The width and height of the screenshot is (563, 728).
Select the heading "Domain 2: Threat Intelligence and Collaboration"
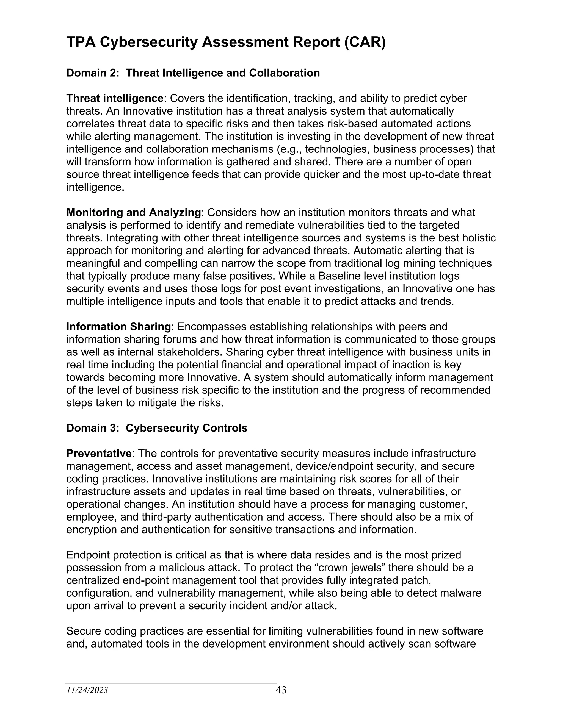click(x=193, y=73)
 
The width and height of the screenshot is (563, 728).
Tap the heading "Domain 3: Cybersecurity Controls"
click(x=157, y=428)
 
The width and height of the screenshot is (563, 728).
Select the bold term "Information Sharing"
click(x=118, y=327)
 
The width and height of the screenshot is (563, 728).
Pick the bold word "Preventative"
click(x=99, y=454)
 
